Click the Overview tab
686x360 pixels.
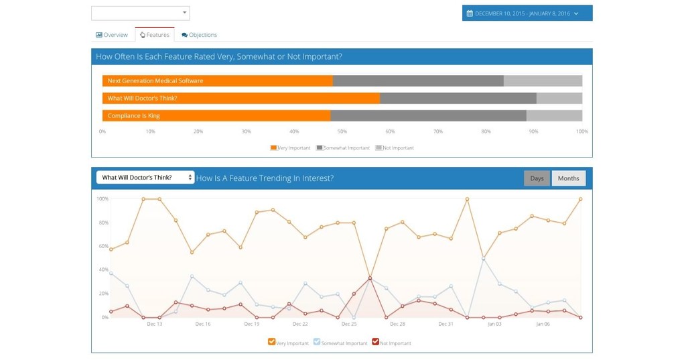(112, 35)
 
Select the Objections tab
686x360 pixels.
(199, 35)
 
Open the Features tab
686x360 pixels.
(154, 35)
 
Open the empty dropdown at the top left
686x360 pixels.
(140, 13)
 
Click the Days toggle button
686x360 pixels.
(537, 178)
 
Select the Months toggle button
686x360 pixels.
(568, 178)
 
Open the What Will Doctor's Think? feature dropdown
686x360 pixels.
(145, 178)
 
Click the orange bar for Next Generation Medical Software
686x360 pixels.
(217, 80)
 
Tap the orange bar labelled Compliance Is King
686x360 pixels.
(216, 115)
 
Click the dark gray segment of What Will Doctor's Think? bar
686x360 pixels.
(458, 98)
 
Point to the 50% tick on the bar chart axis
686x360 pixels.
(342, 131)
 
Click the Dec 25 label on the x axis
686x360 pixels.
(349, 324)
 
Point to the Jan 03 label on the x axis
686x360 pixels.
(494, 324)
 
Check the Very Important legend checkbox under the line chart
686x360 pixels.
(271, 342)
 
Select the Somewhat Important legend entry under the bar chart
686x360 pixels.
(343, 147)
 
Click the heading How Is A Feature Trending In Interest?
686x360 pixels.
(265, 178)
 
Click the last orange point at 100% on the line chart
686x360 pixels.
(580, 199)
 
